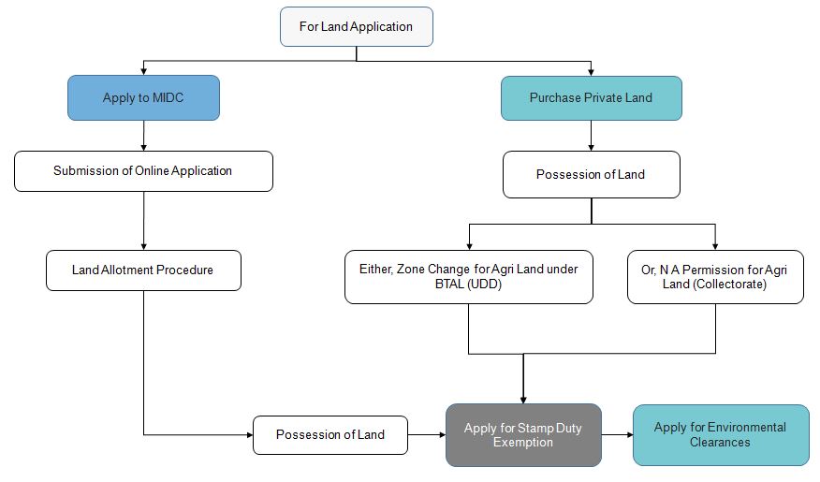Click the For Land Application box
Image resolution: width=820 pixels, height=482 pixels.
(x=356, y=26)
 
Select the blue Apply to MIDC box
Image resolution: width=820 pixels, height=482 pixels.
(x=143, y=98)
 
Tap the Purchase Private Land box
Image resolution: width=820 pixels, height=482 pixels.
(x=591, y=98)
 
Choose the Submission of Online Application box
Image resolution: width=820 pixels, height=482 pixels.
(x=143, y=171)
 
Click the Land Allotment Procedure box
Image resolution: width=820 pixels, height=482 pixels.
(x=143, y=270)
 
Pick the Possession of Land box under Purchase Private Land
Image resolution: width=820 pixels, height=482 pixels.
(x=591, y=175)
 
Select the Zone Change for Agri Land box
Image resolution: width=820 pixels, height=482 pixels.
(x=468, y=277)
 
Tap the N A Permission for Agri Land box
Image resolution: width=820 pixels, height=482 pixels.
(x=715, y=277)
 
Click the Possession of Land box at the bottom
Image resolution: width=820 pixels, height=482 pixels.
(x=329, y=435)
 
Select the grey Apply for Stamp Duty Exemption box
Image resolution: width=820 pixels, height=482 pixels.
(x=522, y=435)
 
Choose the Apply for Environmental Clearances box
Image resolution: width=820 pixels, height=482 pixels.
(x=720, y=434)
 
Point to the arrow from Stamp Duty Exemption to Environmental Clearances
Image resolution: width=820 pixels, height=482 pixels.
(x=617, y=435)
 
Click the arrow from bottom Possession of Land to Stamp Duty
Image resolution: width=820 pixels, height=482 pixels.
(x=426, y=435)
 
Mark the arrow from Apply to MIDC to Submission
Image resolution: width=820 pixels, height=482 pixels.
(x=143, y=136)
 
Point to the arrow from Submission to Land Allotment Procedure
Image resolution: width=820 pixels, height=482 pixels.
(x=143, y=221)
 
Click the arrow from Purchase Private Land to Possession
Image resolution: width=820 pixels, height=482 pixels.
(x=591, y=137)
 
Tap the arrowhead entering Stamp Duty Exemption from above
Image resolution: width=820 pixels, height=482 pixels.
(x=522, y=397)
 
